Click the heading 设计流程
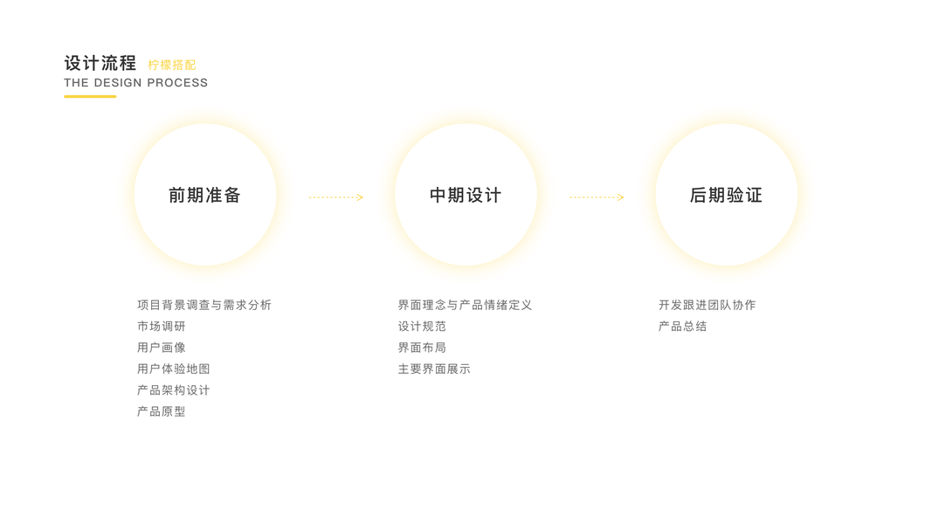coord(100,63)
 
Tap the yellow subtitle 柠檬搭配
coord(172,65)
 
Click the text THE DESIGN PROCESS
coord(135,83)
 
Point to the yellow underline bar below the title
coord(90,96)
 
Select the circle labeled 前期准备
coord(204,195)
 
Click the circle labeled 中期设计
coord(466,195)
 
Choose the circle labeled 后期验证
coord(726,195)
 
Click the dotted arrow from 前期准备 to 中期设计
coord(335,197)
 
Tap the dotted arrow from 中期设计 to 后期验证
coord(597,197)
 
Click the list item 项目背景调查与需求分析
coord(204,305)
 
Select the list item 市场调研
coord(162,327)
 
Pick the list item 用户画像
coord(162,348)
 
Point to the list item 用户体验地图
coord(174,369)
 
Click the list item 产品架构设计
coord(174,390)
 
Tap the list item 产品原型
coord(162,411)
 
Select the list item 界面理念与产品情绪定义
coord(465,305)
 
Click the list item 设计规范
coord(422,327)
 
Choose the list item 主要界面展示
coord(434,369)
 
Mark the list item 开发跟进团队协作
coord(708,305)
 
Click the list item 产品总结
coord(683,327)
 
